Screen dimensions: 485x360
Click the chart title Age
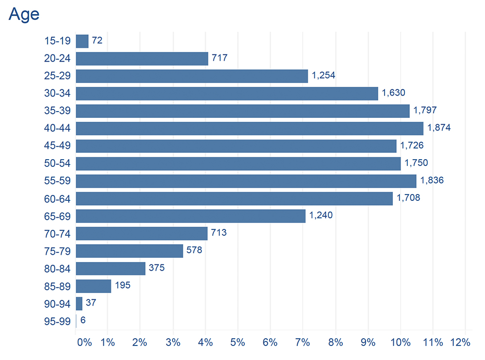click(24, 15)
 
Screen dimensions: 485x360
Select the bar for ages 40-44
click(250, 129)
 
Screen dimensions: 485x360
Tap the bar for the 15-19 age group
click(82, 41)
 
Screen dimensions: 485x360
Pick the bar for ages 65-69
click(191, 216)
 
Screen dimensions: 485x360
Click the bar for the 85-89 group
click(94, 286)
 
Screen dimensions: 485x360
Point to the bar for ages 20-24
click(142, 59)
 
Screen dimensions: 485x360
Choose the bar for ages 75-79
click(129, 251)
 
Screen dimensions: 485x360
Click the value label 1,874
click(439, 128)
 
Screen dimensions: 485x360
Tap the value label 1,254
click(323, 75)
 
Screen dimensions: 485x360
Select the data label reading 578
click(194, 250)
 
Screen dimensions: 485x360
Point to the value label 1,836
click(432, 180)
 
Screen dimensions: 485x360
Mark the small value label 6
click(83, 320)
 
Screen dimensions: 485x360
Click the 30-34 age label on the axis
click(57, 93)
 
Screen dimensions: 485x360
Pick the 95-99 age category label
click(57, 322)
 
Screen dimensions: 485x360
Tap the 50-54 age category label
click(57, 163)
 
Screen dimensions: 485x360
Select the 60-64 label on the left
click(57, 199)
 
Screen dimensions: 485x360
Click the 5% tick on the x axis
click(238, 343)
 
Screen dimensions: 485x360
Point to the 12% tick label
click(460, 343)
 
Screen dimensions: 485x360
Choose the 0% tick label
click(84, 343)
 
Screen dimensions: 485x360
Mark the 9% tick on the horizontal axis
click(368, 343)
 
